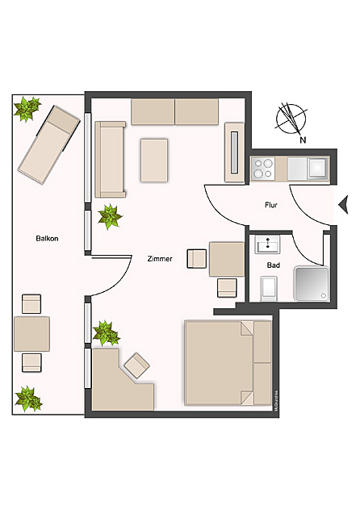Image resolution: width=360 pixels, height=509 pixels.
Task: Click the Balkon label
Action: click(x=47, y=239)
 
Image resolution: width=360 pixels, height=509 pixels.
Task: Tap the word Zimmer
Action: click(x=161, y=259)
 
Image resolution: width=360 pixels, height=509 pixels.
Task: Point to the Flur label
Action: click(x=271, y=205)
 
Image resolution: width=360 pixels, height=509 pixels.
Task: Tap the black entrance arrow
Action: click(x=343, y=202)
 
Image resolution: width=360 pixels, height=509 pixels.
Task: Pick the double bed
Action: click(x=228, y=362)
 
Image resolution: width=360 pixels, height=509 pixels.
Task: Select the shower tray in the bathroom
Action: click(x=310, y=283)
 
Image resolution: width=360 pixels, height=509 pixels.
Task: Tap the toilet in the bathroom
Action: click(x=269, y=286)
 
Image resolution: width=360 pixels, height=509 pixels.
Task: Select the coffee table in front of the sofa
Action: click(x=154, y=160)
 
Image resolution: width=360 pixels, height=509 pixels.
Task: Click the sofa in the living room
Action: click(x=110, y=159)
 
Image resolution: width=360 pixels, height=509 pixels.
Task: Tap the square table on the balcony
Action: click(x=31, y=333)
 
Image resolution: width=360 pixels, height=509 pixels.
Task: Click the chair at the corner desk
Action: click(x=136, y=365)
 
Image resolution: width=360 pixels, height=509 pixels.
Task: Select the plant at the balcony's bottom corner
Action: click(x=29, y=398)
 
